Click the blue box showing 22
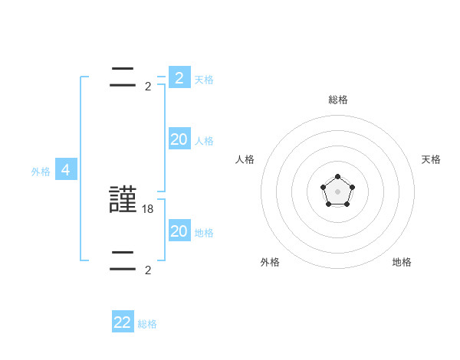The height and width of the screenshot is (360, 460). [x=123, y=322]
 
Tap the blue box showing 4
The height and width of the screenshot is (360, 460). [x=66, y=170]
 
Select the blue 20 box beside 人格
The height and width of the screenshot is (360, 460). [x=179, y=139]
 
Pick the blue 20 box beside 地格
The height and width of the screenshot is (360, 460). [x=179, y=231]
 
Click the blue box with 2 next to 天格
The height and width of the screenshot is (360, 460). [x=179, y=78]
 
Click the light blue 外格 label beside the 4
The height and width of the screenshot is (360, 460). [x=41, y=172]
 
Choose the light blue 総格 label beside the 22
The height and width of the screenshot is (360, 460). [x=147, y=324]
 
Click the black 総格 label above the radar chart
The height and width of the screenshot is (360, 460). [x=338, y=100]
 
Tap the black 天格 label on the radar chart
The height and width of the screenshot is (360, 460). [x=431, y=159]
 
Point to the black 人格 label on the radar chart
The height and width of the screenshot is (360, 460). [x=245, y=159]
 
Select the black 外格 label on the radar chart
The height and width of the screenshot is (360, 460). [x=270, y=262]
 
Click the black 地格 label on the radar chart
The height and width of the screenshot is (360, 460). [x=402, y=262]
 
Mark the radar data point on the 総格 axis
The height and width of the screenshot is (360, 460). [x=337, y=177]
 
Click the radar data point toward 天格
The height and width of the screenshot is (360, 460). [x=352, y=187]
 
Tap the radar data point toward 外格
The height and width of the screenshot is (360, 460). [x=329, y=204]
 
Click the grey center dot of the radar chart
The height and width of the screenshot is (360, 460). [x=337, y=191]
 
